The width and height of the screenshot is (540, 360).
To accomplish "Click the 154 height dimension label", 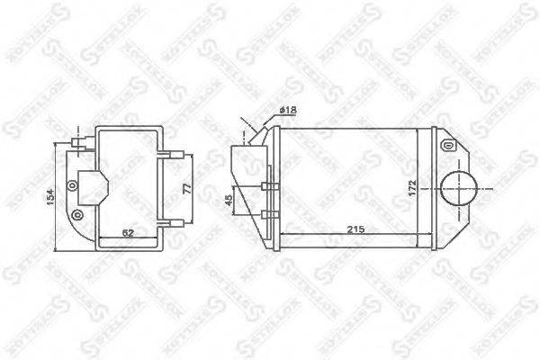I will point(53,194).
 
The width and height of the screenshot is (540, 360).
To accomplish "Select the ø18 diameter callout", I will point(288,110).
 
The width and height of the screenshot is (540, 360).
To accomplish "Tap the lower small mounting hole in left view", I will point(76,214).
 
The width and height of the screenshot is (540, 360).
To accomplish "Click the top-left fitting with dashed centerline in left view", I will point(78,142).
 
